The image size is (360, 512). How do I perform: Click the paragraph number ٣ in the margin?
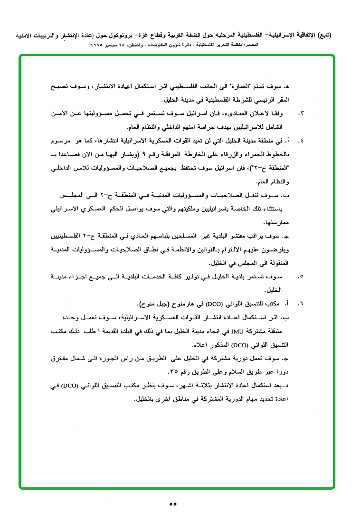(301, 114)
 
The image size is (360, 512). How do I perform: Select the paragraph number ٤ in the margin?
(301, 141)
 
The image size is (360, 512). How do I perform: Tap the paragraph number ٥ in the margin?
(301, 276)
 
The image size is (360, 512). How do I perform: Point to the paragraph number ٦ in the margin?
(301, 303)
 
